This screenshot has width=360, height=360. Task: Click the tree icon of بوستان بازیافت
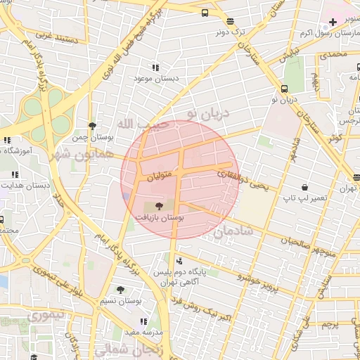coord(157,206)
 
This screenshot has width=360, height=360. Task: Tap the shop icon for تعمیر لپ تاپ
coord(304,188)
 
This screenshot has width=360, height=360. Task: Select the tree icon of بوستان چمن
coord(92,126)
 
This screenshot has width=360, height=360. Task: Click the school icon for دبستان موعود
coord(155,67)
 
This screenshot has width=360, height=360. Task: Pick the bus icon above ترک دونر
coord(204,13)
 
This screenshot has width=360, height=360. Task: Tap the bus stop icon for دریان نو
coord(284,89)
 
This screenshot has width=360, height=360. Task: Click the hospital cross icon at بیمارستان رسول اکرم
coord(333,22)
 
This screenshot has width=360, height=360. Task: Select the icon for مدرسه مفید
coord(144,321)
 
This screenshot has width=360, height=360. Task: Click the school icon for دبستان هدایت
coord(15,174)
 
